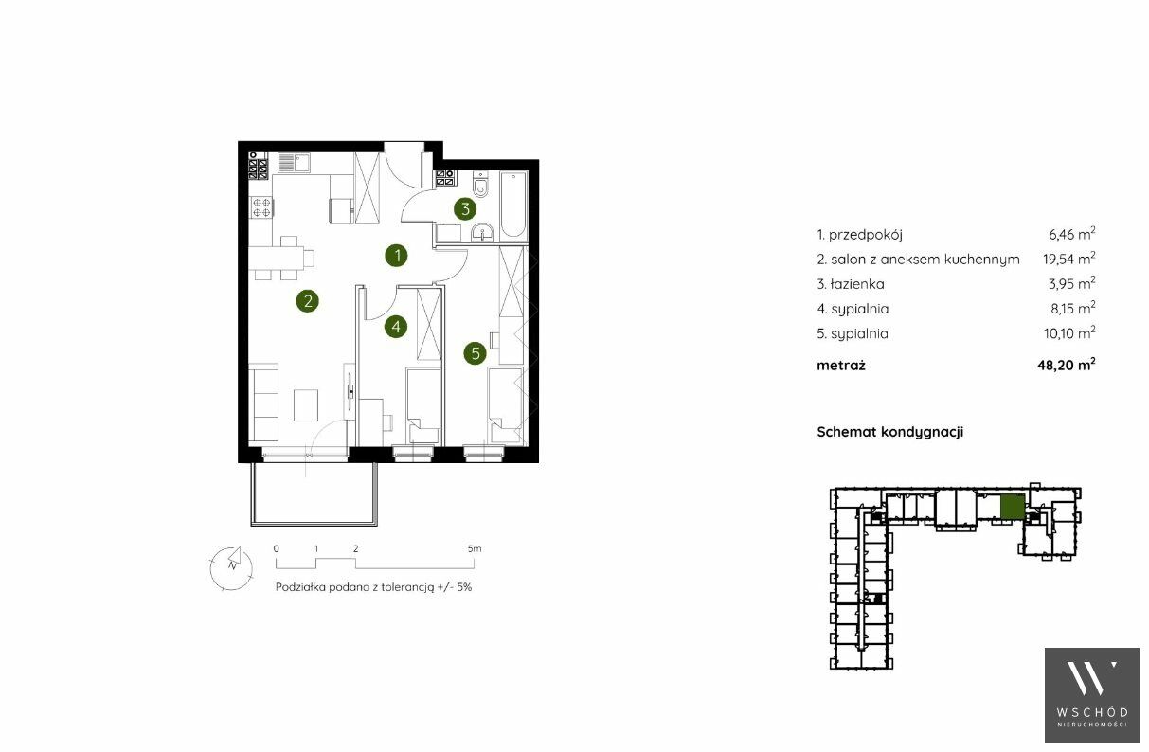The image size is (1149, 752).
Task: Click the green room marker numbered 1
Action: pos(396,256)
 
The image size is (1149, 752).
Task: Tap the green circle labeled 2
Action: pos(307,300)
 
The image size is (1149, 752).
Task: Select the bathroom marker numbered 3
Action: pos(465,208)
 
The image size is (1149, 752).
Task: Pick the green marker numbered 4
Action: pos(396,326)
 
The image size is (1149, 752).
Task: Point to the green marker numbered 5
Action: pos(475,353)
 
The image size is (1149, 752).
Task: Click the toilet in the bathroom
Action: pos(480,186)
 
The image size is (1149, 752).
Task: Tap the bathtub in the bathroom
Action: pos(513,206)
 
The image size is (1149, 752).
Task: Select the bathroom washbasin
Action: pos(482,232)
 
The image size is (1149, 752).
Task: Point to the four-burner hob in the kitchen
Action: pos(260,207)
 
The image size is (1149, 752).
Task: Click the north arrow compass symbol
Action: pos(231,568)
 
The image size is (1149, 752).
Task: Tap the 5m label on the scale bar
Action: pos(475,549)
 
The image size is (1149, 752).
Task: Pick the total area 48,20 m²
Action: pos(1067,365)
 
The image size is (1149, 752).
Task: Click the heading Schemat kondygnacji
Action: pos(890,432)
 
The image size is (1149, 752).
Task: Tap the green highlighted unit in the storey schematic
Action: pos(1013,507)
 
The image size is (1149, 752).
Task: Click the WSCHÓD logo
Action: pos(1092,695)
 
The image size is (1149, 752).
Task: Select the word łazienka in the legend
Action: pos(857,284)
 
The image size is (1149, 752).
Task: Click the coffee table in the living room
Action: pos(306,405)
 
